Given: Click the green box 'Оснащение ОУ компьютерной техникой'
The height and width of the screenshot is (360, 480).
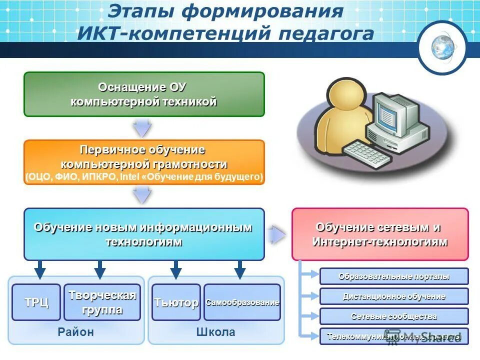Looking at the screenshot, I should [144, 94].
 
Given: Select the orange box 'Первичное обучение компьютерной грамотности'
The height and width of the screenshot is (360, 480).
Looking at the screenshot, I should [144, 162].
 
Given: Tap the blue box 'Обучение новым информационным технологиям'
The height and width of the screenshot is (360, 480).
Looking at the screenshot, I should [144, 234].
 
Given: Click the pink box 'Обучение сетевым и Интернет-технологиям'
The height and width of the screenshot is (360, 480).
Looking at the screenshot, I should [380, 234].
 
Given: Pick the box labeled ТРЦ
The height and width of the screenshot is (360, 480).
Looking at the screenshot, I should [36, 302].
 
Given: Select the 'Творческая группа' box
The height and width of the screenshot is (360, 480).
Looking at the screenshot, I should [102, 302].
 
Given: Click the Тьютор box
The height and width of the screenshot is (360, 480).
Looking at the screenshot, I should [176, 302].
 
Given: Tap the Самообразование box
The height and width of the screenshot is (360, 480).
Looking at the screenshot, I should [242, 302].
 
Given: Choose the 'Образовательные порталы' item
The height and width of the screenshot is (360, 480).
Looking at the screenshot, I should [394, 276].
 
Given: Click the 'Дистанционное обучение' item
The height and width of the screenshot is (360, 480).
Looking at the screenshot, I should [394, 296].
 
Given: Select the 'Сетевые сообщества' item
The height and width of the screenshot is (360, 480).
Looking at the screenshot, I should [394, 316].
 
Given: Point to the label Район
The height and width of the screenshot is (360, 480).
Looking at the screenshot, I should [75, 332].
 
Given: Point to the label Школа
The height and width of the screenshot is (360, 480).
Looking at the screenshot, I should [215, 332].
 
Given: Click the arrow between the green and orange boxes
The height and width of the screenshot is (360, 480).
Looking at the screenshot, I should [142, 128].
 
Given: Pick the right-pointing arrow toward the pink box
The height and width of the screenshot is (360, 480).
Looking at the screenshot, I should [276, 234].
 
